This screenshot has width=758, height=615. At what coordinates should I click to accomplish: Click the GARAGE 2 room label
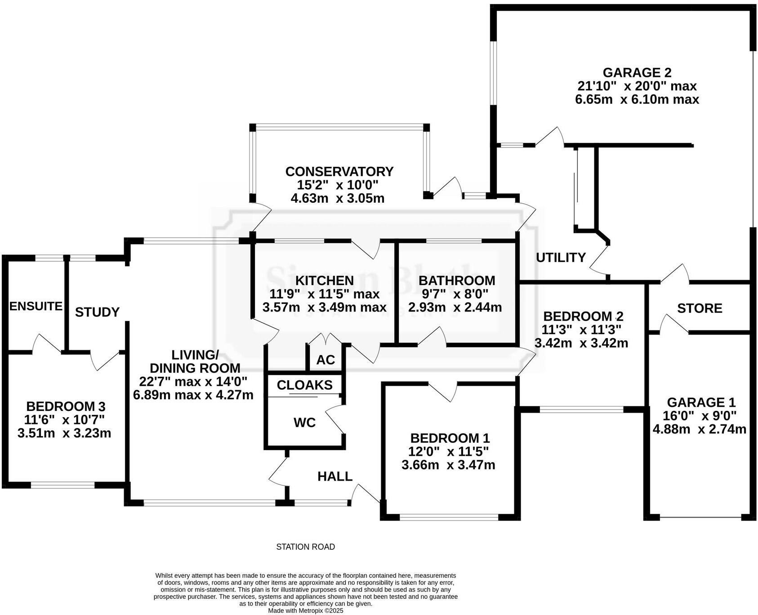click(637, 73)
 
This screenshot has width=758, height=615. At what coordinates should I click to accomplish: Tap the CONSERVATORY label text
click(339, 172)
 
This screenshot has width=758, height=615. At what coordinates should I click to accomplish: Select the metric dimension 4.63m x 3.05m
click(338, 198)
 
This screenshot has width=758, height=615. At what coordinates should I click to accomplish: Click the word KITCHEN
click(324, 281)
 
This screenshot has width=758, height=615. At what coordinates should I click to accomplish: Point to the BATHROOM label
click(456, 281)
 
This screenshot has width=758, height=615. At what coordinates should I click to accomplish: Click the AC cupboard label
click(325, 360)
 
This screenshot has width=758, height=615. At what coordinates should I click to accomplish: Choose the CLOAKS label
click(305, 385)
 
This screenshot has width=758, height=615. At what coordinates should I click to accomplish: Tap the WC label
click(304, 423)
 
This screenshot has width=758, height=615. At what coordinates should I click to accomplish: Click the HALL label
click(335, 477)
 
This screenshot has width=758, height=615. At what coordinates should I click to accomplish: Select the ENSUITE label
click(36, 306)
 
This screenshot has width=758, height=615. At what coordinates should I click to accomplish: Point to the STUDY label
click(97, 312)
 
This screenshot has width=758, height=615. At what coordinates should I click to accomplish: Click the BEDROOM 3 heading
click(66, 406)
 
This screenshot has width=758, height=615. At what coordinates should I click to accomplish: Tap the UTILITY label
click(561, 258)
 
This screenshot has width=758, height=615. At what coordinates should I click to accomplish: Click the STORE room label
click(700, 308)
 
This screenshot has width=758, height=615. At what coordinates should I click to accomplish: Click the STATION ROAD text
click(305, 547)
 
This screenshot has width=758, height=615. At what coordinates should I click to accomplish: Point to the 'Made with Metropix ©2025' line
click(305, 611)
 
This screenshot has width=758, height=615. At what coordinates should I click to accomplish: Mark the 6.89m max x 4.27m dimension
click(193, 395)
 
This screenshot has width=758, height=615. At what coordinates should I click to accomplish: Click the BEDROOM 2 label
click(583, 316)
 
